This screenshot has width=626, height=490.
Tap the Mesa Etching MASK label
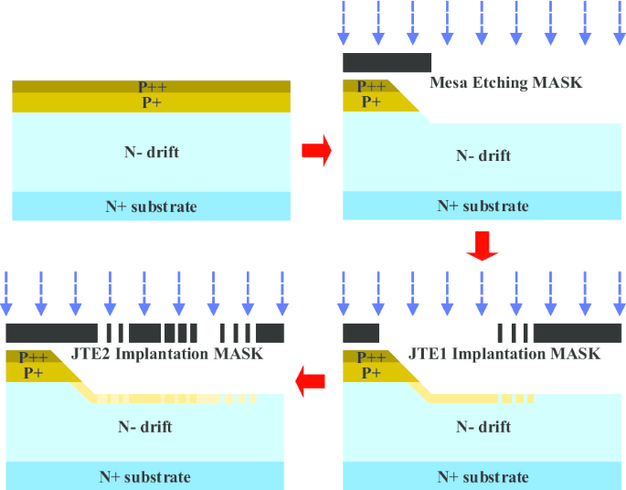point(505,83)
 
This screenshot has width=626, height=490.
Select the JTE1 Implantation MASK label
point(504,354)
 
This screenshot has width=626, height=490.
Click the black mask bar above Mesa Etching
point(387,62)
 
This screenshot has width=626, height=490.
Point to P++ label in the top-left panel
point(153,87)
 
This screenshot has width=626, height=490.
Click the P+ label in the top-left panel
point(153,102)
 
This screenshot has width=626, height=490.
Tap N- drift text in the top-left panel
point(152,152)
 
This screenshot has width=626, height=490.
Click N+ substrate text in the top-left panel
point(152,206)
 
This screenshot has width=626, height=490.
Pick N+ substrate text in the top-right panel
point(483,206)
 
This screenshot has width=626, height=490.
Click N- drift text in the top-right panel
point(483,155)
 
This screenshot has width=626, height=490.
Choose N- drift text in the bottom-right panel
point(483,426)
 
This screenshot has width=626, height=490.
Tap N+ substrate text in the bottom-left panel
point(146,476)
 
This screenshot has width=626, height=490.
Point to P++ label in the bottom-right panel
point(371,357)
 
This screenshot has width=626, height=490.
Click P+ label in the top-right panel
point(371,101)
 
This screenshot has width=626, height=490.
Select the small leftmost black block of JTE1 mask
point(360,333)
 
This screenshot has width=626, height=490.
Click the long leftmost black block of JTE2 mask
point(51,333)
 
